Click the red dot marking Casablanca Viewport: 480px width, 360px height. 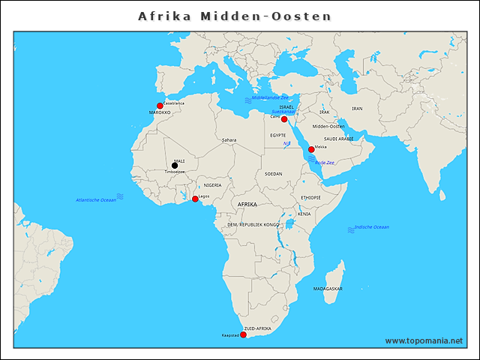160,106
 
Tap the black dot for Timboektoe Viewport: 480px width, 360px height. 175,166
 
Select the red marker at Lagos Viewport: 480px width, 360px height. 195,199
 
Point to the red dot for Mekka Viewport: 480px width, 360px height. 311,149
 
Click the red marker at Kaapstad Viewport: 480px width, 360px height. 243,334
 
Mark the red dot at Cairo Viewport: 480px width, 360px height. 284,119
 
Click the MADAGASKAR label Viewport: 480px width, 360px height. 328,289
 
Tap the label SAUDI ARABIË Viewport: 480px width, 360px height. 338,139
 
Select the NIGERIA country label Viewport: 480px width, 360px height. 212,184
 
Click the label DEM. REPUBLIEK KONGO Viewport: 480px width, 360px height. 253,224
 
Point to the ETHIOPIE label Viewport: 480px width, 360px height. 310,197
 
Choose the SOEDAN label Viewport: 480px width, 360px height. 273,173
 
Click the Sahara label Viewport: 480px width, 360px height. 229,139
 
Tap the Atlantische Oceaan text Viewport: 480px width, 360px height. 96,200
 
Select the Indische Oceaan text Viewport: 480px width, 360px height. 371,226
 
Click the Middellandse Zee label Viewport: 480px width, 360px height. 269,97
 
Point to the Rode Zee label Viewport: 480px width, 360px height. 324,162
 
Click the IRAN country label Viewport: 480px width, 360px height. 357,108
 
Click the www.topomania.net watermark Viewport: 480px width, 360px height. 424,340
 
